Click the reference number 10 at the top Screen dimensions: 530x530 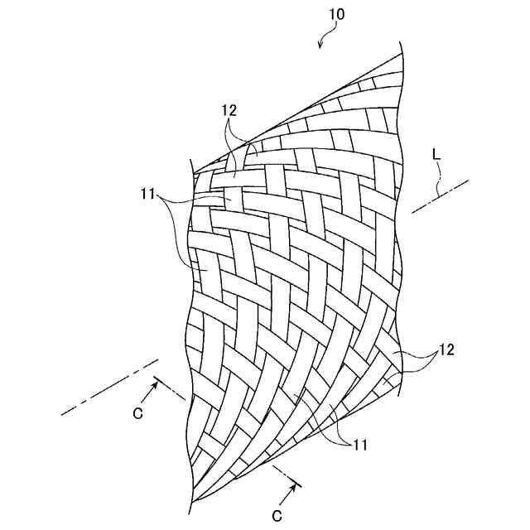pyautogui.click(x=337, y=14)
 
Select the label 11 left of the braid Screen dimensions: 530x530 pyautogui.click(x=148, y=195)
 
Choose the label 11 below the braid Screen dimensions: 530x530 pyautogui.click(x=359, y=446)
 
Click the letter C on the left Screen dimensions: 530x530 pyautogui.click(x=137, y=412)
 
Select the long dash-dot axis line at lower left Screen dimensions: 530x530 pyautogui.click(x=108, y=388)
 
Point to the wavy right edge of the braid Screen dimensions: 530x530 pyautogui.click(x=401, y=248)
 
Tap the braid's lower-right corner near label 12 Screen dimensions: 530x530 pyautogui.click(x=401, y=373)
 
